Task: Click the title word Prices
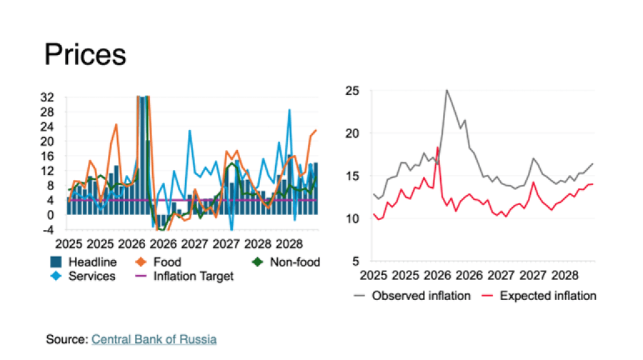tap(84, 54)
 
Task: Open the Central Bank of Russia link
tap(154, 339)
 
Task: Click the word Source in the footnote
tap(66, 339)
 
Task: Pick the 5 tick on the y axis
tap(352, 261)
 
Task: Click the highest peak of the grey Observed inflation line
tap(447, 90)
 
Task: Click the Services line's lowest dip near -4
tap(232, 229)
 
